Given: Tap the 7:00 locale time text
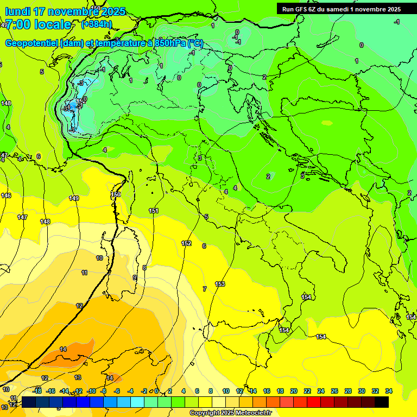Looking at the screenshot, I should (x=38, y=24).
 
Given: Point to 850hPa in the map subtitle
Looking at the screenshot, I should (x=170, y=43).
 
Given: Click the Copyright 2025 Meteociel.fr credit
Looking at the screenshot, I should (x=230, y=413).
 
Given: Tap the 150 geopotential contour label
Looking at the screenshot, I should (x=116, y=194).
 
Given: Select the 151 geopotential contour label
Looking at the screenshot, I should (x=154, y=211).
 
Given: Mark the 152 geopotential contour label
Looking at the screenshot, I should (x=186, y=243).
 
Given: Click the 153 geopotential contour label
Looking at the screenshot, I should (x=220, y=284).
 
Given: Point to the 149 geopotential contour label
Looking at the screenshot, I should (x=74, y=198).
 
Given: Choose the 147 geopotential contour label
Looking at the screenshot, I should (x=22, y=217).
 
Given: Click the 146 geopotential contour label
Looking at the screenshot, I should (x=6, y=195).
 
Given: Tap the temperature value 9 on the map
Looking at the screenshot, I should (x=135, y=277).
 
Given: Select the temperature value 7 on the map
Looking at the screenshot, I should (x=204, y=289).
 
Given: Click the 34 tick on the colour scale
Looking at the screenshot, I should (x=389, y=391).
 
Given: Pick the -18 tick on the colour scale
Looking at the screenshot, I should (x=37, y=391).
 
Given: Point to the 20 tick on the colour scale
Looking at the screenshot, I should (x=294, y=391).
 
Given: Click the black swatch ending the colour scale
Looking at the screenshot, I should (x=382, y=402).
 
